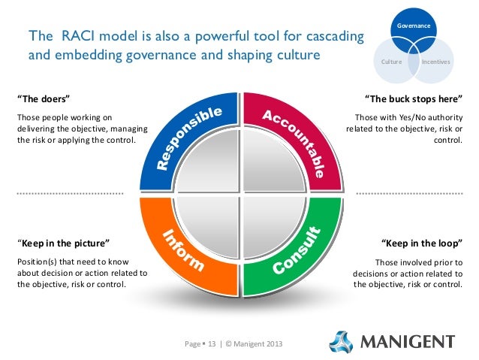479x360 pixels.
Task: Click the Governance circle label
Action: coord(415,26)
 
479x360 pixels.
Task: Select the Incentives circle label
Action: coord(435,61)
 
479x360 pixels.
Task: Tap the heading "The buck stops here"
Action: coord(412,99)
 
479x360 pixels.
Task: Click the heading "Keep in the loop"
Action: coord(421,244)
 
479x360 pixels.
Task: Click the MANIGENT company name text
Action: coord(408,342)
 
